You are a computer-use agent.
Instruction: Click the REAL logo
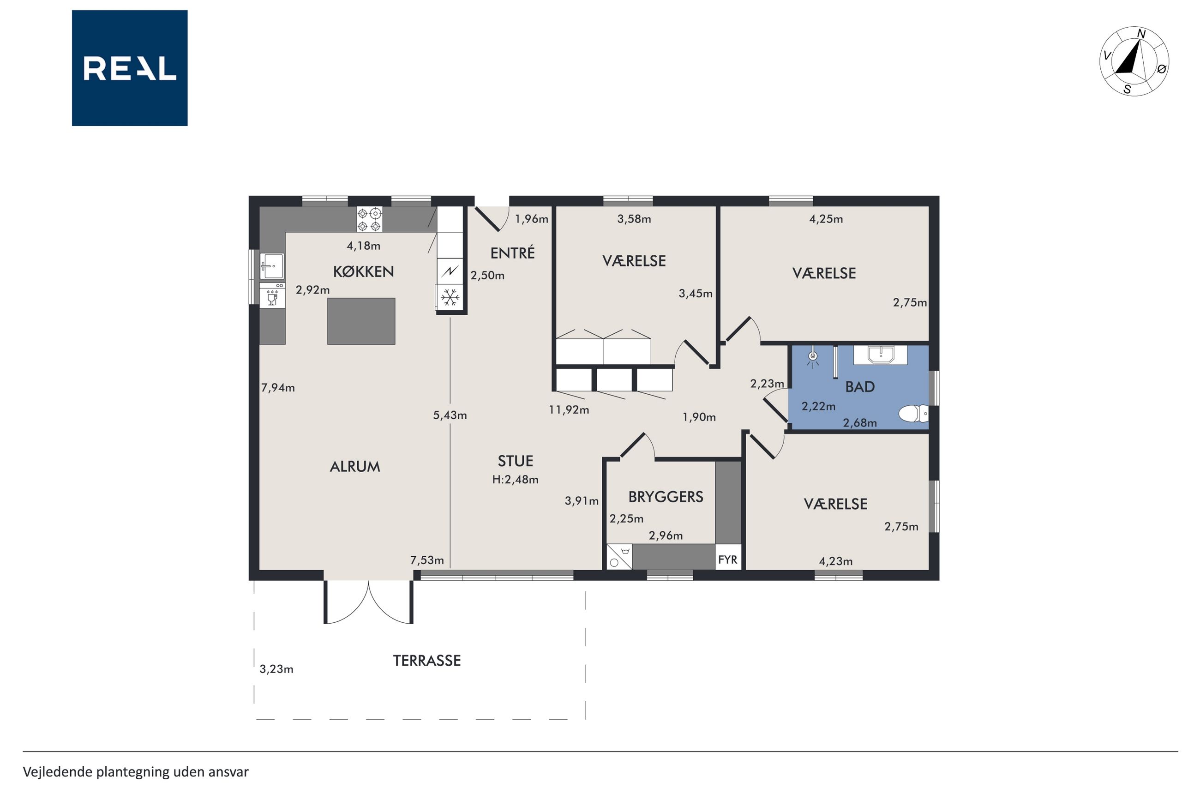pyautogui.click(x=130, y=68)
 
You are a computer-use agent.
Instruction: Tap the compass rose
pyautogui.click(x=1134, y=61)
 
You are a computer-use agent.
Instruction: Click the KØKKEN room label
pyautogui.click(x=364, y=271)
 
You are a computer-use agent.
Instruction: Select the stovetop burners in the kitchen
pyautogui.click(x=369, y=219)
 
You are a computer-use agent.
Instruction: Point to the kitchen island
pyautogui.click(x=361, y=321)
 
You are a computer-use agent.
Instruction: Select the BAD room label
pyautogui.click(x=860, y=387)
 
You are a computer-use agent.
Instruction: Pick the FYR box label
pyautogui.click(x=728, y=559)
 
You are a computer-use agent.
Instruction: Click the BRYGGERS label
pyautogui.click(x=666, y=496)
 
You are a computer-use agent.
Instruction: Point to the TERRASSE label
pyautogui.click(x=427, y=661)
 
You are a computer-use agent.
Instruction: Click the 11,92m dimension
pyautogui.click(x=569, y=409)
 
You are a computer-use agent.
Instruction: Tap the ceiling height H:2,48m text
pyautogui.click(x=515, y=480)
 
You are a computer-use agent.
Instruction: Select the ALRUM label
pyautogui.click(x=355, y=466)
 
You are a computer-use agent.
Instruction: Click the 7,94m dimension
pyautogui.click(x=278, y=388)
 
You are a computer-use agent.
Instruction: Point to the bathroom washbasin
pyautogui.click(x=880, y=355)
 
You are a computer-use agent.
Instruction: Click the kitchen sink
pyautogui.click(x=272, y=266)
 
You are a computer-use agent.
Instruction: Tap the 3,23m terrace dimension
pyautogui.click(x=276, y=669)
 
